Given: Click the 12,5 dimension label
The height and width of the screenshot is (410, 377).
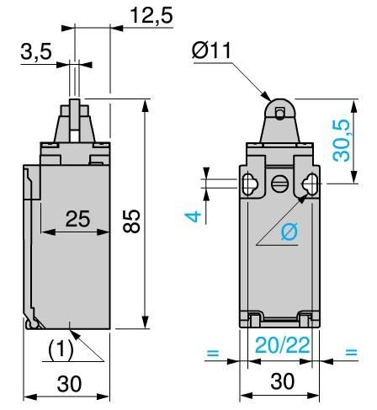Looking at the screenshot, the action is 151,15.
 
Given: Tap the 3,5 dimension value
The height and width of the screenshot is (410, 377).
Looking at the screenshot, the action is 36,51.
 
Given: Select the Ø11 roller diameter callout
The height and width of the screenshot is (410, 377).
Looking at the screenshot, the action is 211,51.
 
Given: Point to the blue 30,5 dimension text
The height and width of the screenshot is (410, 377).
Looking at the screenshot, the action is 342,141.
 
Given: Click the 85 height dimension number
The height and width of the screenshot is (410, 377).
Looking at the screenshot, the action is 131,221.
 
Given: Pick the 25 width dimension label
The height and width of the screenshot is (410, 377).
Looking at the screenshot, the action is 77,219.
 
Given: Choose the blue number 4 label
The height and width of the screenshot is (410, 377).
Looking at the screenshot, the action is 193,217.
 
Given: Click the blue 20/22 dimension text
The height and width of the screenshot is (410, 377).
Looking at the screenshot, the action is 283,345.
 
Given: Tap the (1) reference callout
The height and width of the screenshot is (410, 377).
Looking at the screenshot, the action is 61,350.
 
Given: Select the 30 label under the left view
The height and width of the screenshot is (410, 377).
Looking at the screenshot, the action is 69,384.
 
